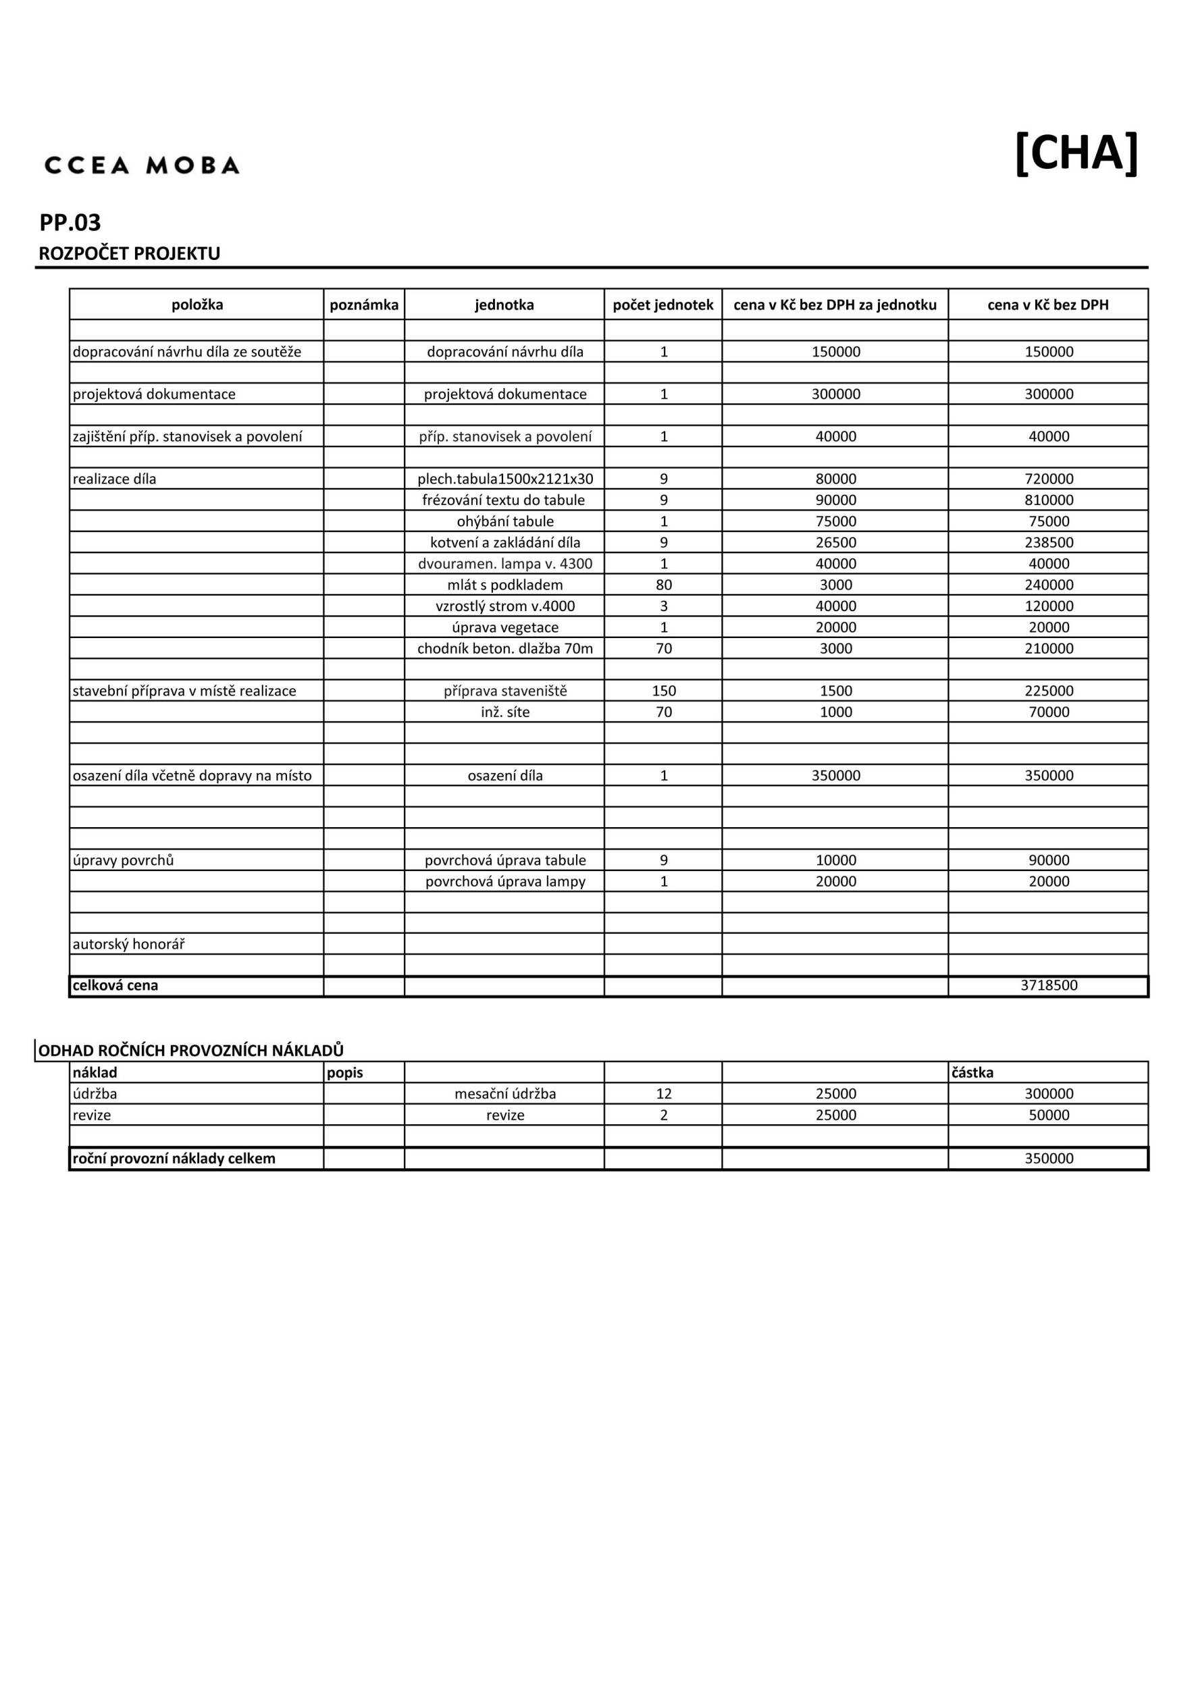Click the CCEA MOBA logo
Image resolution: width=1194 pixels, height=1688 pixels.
(142, 165)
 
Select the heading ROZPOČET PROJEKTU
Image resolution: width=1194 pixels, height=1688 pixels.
(130, 254)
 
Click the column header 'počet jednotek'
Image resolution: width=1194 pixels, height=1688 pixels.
(663, 305)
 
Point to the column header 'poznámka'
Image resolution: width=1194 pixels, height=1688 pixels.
(364, 305)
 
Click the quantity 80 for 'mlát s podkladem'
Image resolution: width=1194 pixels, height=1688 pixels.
(663, 585)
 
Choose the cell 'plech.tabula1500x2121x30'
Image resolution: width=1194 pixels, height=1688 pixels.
(505, 479)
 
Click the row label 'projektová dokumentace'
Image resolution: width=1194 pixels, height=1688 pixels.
(155, 394)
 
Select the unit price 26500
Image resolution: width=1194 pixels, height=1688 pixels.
(835, 543)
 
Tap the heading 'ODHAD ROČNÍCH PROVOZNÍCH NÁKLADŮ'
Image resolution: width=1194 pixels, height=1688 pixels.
(191, 1051)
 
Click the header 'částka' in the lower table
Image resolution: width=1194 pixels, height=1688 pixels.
(972, 1073)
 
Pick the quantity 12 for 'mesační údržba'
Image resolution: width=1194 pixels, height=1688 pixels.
(663, 1094)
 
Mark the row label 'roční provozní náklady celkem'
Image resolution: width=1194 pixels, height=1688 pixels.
(174, 1159)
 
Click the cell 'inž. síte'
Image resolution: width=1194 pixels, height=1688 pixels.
(505, 712)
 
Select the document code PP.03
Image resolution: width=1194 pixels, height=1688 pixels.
(71, 222)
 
